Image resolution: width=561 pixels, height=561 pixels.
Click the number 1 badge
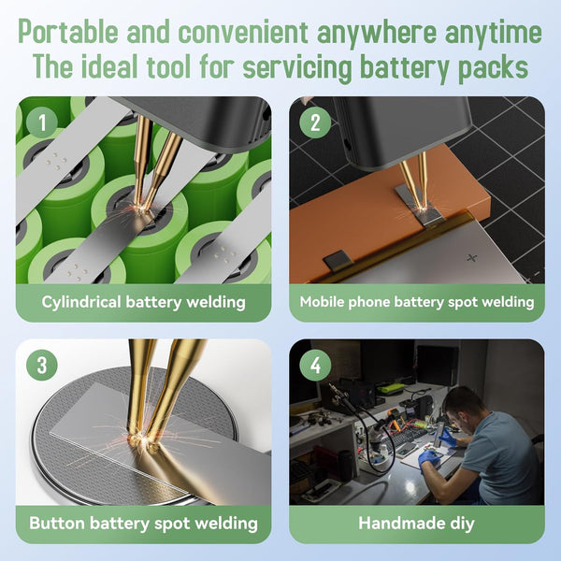coord(42,122)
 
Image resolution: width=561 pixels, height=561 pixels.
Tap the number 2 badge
coord(315,122)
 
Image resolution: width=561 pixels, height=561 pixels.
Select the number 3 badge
coord(42,365)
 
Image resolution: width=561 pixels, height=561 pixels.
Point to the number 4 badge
coord(315,365)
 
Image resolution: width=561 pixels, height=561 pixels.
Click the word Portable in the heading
coord(68,32)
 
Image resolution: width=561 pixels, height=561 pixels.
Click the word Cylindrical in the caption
coord(81,303)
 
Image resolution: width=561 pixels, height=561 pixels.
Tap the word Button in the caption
coord(57,523)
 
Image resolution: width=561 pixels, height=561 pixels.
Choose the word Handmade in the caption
coord(397,523)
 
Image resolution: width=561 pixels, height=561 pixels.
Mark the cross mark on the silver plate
coord(472,258)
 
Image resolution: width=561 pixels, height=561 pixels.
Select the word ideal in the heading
coord(109,67)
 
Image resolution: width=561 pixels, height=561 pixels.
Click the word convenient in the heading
coord(243,32)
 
